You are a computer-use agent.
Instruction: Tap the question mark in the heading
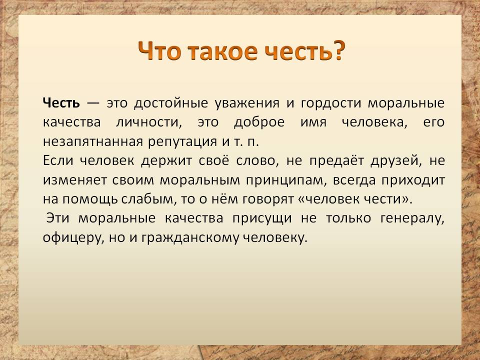click(338, 50)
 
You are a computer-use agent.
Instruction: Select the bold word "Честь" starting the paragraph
click(61, 102)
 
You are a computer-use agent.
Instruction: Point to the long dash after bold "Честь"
click(93, 103)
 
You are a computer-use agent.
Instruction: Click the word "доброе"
click(259, 122)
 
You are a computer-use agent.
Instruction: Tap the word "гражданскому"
click(189, 238)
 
